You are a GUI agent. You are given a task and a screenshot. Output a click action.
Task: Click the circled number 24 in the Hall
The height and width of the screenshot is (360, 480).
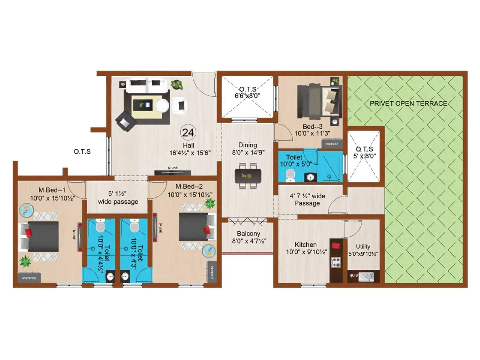click(x=188, y=132)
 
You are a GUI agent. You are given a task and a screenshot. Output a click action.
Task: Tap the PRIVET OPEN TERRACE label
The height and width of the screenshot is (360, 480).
click(x=408, y=103)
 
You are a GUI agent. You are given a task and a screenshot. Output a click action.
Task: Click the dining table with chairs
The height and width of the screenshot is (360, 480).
click(x=248, y=176)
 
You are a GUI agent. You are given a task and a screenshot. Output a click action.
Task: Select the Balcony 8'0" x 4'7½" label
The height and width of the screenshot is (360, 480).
click(x=249, y=237)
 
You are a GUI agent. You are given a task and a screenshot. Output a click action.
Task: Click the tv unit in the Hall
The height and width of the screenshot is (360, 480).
click(x=172, y=172)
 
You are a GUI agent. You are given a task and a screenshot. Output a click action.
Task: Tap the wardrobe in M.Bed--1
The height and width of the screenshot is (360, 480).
click(x=29, y=277)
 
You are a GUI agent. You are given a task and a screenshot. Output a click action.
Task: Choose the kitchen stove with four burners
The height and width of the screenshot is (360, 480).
click(x=336, y=262)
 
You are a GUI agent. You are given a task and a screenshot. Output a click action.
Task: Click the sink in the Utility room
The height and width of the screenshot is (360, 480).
click(x=366, y=276)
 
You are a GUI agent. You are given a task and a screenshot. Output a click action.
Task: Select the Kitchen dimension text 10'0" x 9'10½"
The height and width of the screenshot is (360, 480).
click(x=306, y=252)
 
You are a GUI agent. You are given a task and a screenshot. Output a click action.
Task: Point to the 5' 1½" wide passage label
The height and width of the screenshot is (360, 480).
click(x=118, y=198)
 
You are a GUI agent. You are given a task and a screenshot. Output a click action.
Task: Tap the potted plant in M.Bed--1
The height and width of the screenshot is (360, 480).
click(x=25, y=261)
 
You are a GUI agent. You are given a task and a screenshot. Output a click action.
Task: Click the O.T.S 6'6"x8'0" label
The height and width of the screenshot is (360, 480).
click(x=247, y=92)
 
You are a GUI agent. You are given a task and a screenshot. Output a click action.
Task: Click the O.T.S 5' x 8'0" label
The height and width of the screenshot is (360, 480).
click(x=364, y=152)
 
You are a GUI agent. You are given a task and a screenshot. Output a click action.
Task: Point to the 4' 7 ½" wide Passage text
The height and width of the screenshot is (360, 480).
click(x=307, y=199)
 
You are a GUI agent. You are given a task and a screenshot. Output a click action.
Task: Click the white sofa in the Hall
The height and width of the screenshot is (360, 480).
click(x=146, y=85)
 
